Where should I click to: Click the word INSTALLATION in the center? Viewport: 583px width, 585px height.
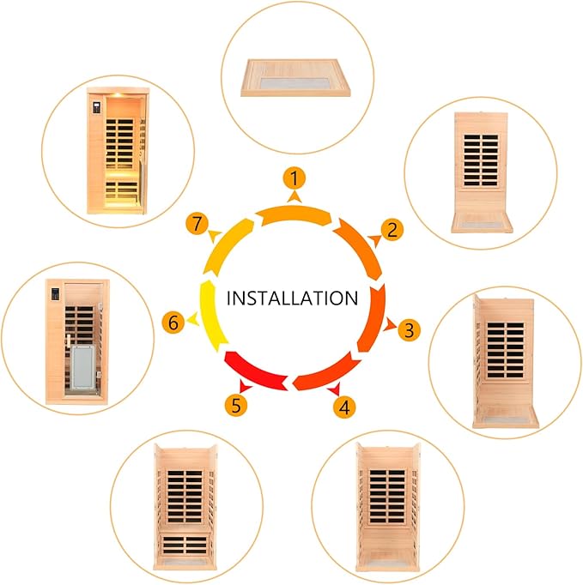[x=292, y=299]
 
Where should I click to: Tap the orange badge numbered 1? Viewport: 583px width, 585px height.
[x=295, y=178]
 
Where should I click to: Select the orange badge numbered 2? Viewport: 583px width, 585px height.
[x=392, y=230]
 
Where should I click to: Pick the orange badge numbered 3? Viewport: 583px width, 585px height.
[x=409, y=329]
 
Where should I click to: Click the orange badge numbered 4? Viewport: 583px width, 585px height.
[x=344, y=407]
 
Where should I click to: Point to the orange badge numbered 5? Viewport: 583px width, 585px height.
[x=236, y=405]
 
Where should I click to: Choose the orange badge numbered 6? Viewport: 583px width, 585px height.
[x=173, y=323]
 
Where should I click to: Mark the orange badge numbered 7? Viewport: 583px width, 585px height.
[x=197, y=224]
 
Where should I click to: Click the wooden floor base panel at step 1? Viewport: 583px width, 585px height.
[x=295, y=77]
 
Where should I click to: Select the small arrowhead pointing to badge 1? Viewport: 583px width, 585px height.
[x=295, y=196]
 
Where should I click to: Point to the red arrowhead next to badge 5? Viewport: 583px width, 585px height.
[x=246, y=386]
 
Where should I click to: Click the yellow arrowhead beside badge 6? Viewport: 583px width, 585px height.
[x=193, y=319]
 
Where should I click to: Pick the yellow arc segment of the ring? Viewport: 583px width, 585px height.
[x=212, y=316]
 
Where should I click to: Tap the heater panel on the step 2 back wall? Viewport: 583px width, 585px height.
[x=481, y=160]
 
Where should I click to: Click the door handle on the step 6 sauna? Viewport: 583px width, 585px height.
[x=69, y=342]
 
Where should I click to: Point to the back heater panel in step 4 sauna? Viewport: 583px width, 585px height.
[x=387, y=496]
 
